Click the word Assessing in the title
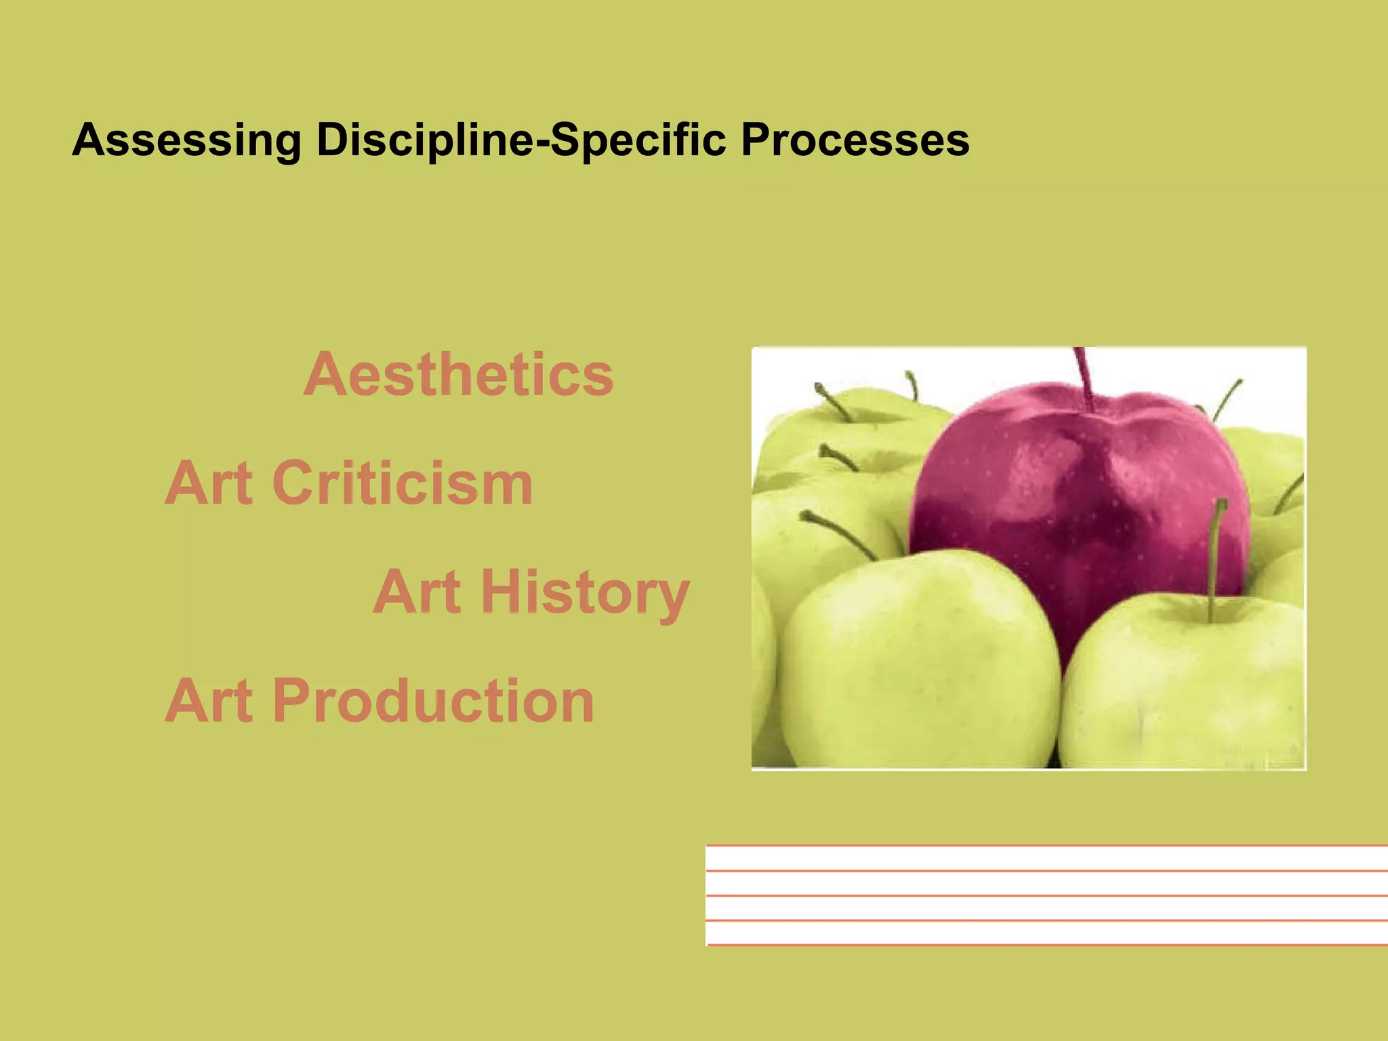pos(186,140)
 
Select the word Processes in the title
pos(855,140)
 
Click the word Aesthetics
pos(459,374)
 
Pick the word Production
pos(434,701)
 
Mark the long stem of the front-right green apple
pos(1215,556)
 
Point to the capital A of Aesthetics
pos(327,374)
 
